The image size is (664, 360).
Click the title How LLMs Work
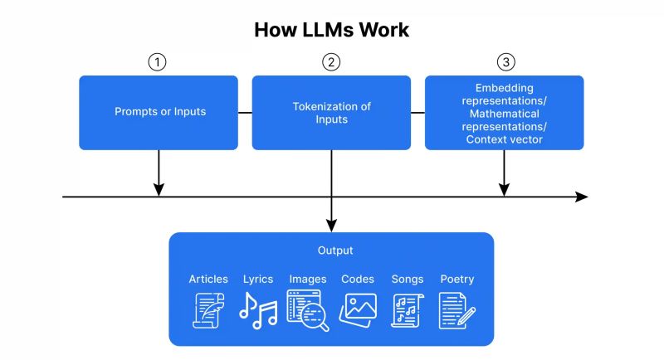pos(331,30)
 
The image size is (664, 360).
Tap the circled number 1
pos(158,62)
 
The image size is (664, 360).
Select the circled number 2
pos(331,62)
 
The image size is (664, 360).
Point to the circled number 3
pos(504,62)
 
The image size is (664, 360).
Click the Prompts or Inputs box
pos(159,112)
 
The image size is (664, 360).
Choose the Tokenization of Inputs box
pos(331,113)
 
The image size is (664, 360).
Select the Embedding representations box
pos(504,113)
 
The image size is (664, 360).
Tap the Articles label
pos(208,279)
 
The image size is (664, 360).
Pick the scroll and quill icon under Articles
pos(208,312)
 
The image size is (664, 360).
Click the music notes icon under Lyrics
pos(258,312)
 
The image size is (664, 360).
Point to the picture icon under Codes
pos(358,309)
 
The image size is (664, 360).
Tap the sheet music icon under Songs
pos(408,312)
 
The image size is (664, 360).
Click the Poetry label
pos(457,279)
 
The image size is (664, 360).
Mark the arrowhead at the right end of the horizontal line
pos(582,197)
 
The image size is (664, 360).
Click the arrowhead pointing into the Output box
pos(331,226)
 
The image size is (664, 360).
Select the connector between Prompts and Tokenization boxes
pos(245,112)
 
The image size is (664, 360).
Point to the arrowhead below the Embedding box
pos(504,190)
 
